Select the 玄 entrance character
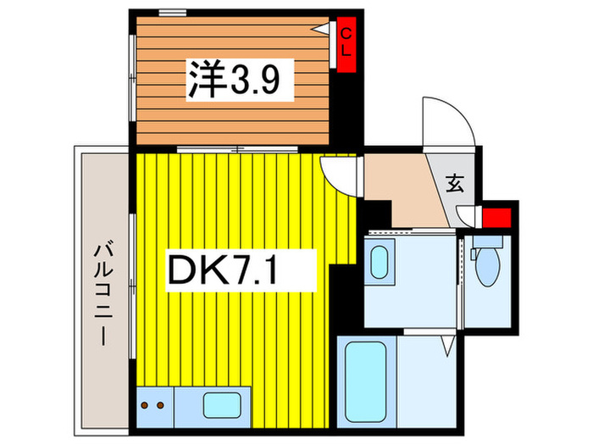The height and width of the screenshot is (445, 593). [x=455, y=182]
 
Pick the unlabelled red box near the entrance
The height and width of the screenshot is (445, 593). [x=497, y=216]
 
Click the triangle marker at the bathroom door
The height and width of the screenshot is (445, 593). [x=448, y=346]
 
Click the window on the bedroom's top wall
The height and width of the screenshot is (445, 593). [x=173, y=12]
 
